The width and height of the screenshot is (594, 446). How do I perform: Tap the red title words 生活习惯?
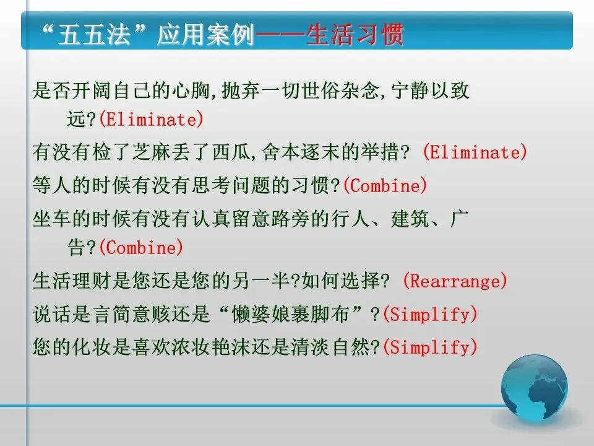pyautogui.click(x=355, y=35)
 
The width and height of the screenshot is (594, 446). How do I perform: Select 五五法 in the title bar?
pyautogui.click(x=94, y=35)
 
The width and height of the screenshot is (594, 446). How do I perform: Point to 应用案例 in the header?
pyautogui.click(x=205, y=35)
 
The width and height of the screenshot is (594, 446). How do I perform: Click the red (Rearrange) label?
pyautogui.click(x=455, y=281)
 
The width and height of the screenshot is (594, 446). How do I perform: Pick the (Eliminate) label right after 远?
pyautogui.click(x=151, y=120)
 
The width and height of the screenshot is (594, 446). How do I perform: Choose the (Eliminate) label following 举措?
pyautogui.click(x=475, y=152)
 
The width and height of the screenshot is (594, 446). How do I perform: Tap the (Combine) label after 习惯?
pyautogui.click(x=385, y=185)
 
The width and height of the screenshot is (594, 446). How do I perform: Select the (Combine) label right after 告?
pyautogui.click(x=141, y=248)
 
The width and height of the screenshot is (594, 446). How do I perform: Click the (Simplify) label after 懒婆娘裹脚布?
pyautogui.click(x=430, y=315)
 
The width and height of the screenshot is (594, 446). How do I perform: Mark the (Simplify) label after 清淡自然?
pyautogui.click(x=430, y=347)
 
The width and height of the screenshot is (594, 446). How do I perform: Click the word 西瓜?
pyautogui.click(x=231, y=152)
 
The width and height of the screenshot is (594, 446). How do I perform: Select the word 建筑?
pyautogui.click(x=410, y=219)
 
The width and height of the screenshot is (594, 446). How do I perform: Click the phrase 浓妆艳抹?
pyautogui.click(x=211, y=347)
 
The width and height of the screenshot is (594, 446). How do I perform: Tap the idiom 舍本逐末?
pyautogui.click(x=301, y=152)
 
